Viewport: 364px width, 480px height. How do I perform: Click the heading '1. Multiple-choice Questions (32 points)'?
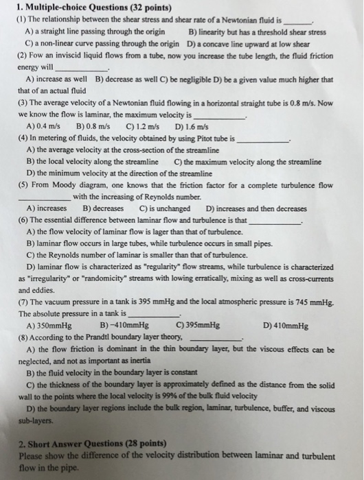click(87, 8)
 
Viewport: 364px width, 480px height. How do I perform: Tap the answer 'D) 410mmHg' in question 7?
click(286, 326)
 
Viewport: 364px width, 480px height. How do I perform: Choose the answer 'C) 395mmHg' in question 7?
click(198, 326)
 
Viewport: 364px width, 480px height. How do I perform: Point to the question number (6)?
click(24, 221)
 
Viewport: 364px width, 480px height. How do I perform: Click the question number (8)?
click(24, 338)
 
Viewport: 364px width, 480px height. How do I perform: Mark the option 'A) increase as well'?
click(57, 78)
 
